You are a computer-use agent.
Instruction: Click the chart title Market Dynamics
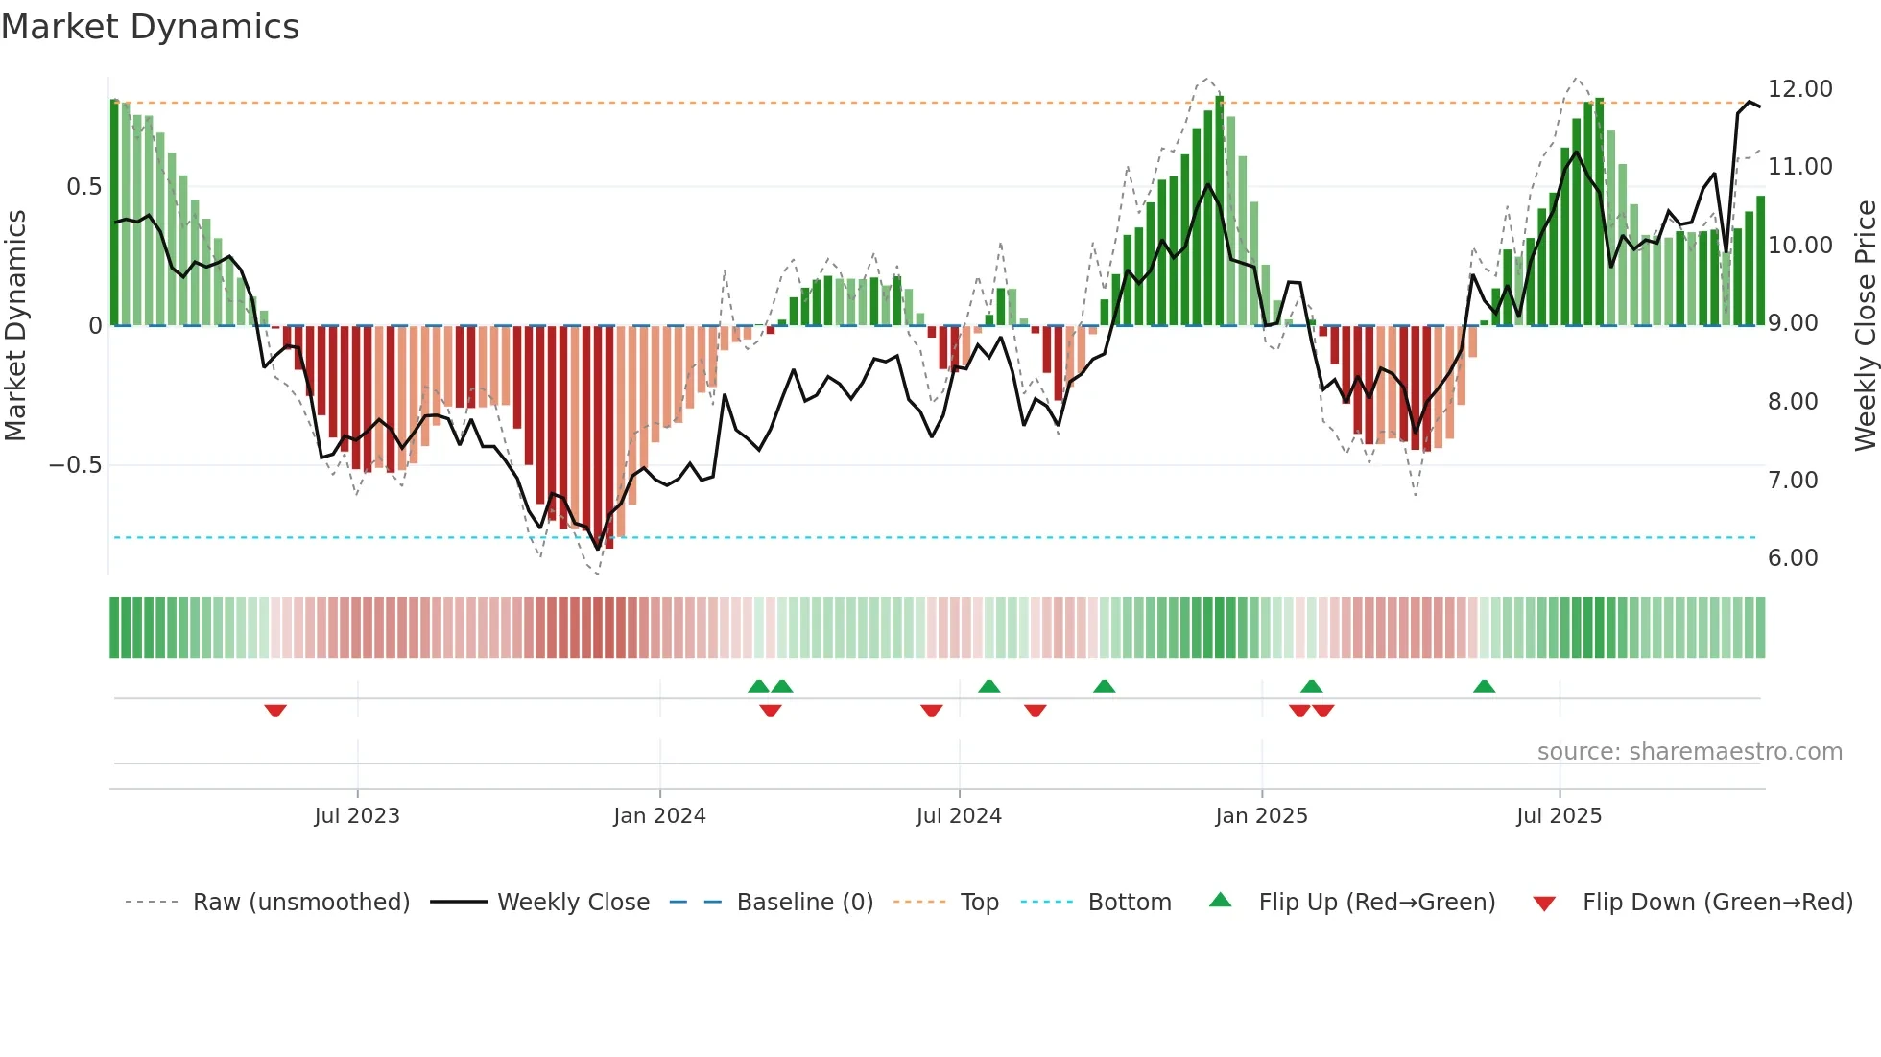click(150, 27)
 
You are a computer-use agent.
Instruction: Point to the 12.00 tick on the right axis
click(1799, 88)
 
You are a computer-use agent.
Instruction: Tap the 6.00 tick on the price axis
click(1793, 557)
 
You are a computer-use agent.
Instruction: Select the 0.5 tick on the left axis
click(83, 186)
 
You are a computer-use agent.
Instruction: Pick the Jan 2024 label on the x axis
click(659, 815)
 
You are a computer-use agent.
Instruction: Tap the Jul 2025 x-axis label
click(1559, 815)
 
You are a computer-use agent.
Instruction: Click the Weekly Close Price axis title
click(1865, 325)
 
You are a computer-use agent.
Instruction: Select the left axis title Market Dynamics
click(15, 325)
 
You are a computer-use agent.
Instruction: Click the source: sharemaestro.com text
click(1689, 751)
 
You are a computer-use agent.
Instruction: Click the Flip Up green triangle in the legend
click(1220, 900)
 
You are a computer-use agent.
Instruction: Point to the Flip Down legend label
click(1717, 902)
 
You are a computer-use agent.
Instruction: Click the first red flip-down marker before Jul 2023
click(275, 711)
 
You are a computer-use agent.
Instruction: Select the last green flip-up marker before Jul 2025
click(1484, 686)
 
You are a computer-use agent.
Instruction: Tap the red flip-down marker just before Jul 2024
click(931, 711)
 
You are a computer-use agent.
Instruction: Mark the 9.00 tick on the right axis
click(1793, 323)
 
